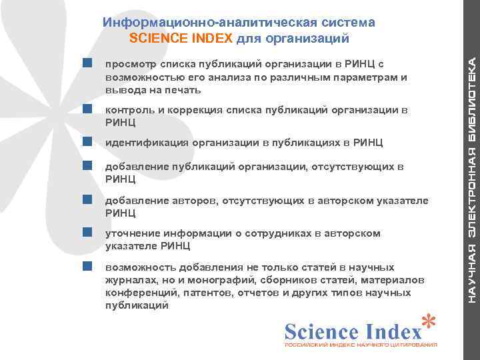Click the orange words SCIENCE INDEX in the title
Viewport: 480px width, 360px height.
point(181,38)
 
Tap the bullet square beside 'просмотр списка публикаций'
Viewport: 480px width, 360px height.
point(87,63)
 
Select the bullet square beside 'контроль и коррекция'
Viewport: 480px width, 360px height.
point(87,109)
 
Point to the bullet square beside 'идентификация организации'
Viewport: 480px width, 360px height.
point(87,142)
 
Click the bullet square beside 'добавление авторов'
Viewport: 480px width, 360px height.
point(87,199)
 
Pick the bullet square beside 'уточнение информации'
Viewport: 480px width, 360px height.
point(87,232)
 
